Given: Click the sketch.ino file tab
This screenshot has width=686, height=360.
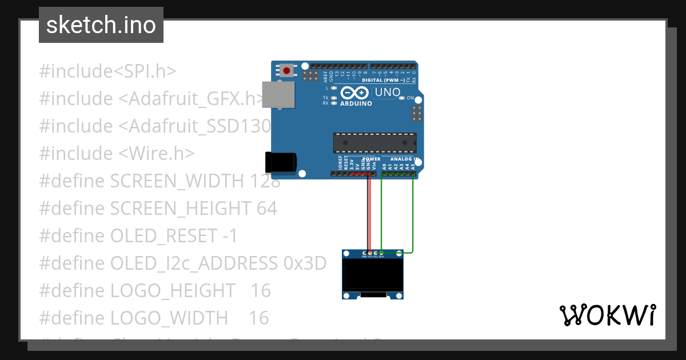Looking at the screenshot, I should pyautogui.click(x=101, y=25).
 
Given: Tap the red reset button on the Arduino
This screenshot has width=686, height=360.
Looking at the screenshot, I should pyautogui.click(x=286, y=71).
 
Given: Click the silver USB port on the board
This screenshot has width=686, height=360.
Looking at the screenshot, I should pyautogui.click(x=278, y=94).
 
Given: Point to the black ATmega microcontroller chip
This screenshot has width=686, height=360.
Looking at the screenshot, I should pyautogui.click(x=374, y=142).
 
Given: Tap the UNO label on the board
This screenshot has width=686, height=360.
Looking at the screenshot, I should pyautogui.click(x=387, y=92).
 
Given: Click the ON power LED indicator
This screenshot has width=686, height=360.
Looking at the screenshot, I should pyautogui.click(x=402, y=98).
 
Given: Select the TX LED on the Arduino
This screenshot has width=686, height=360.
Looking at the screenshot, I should pyautogui.click(x=333, y=98).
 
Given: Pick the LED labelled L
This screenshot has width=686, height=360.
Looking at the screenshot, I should pyautogui.click(x=333, y=89).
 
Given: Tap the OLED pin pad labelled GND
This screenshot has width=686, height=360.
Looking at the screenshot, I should pyautogui.click(x=364, y=253).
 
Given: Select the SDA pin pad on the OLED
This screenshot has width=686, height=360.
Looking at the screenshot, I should pyautogui.click(x=382, y=253).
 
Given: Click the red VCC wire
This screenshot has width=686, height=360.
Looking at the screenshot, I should pyautogui.click(x=369, y=211).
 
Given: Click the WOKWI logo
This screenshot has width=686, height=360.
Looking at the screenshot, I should pyautogui.click(x=607, y=315).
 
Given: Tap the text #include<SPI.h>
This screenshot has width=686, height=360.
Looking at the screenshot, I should pyautogui.click(x=107, y=71).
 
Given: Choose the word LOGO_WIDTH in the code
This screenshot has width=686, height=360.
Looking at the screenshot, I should pyautogui.click(x=169, y=318).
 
